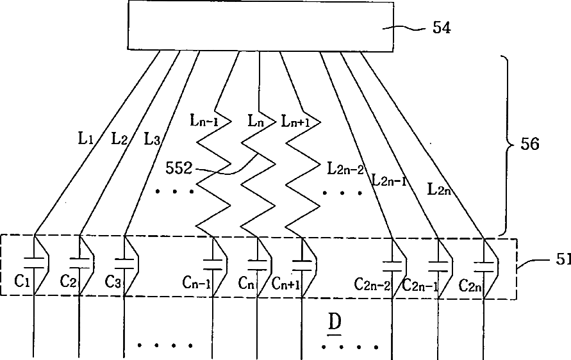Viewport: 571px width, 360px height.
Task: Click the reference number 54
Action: (442, 28)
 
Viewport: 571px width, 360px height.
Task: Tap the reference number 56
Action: (529, 144)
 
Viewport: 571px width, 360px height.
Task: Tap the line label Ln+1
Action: (295, 120)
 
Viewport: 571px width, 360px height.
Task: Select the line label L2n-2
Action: (345, 169)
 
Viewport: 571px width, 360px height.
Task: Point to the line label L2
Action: (119, 137)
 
